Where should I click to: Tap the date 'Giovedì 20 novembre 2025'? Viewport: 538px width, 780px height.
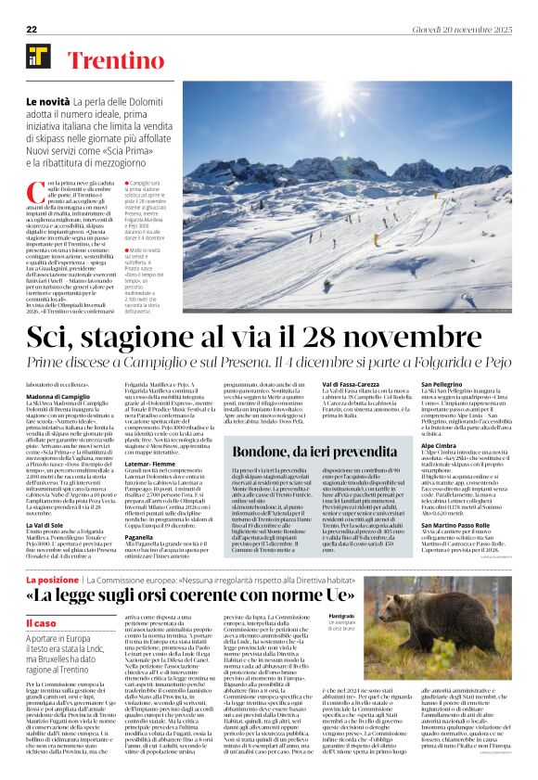point(463,29)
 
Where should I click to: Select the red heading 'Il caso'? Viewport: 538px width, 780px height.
point(41,623)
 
